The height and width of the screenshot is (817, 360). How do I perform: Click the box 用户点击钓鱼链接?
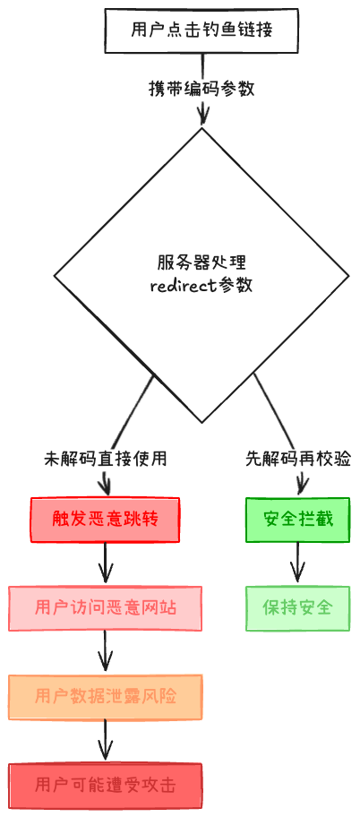(x=201, y=30)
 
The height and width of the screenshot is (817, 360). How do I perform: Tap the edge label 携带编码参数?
(x=201, y=90)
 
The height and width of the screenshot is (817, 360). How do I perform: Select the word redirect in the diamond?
(x=182, y=287)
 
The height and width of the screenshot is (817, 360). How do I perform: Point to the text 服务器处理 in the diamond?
(x=201, y=263)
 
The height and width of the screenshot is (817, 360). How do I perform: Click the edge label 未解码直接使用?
(x=106, y=459)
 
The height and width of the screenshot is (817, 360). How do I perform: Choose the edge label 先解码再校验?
(x=297, y=459)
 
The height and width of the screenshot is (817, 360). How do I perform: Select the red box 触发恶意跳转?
(x=106, y=520)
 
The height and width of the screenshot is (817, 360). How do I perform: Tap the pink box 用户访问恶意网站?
(x=106, y=607)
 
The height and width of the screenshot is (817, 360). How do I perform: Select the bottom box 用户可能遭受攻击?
(x=106, y=785)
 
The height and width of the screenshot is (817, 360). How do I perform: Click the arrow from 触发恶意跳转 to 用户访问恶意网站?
(x=106, y=563)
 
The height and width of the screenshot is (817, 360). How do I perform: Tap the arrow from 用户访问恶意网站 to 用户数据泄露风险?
(x=106, y=650)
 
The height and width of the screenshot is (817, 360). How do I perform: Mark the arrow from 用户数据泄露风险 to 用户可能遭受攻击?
(x=106, y=740)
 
